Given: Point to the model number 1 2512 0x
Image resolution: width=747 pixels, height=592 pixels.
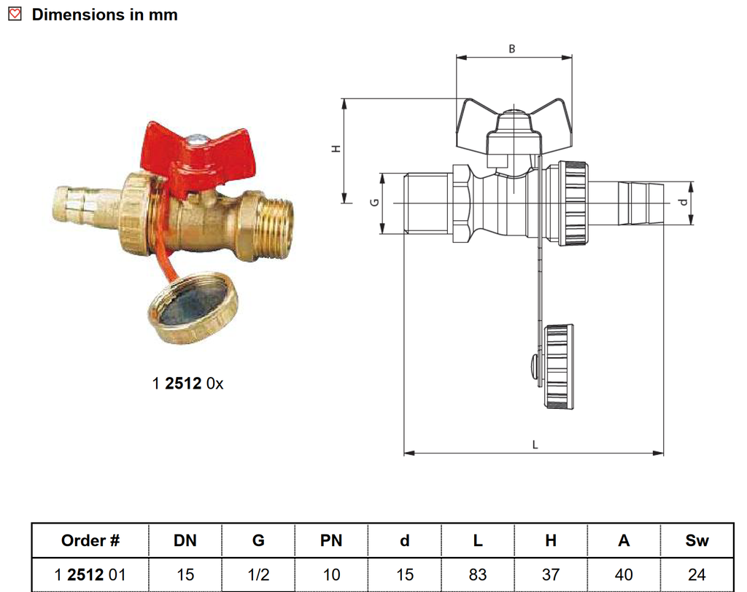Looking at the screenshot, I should click(x=187, y=383).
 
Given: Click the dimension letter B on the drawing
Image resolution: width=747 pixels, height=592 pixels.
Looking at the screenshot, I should click(x=511, y=49).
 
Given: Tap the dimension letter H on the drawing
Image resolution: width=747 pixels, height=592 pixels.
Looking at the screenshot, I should click(x=336, y=148).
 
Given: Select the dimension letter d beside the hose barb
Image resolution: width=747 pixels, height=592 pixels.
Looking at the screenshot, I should click(x=683, y=202).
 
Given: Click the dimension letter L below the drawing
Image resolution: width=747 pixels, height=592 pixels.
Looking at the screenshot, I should click(x=535, y=443).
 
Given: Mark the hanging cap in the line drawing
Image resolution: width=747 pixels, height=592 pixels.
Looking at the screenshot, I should click(x=558, y=367).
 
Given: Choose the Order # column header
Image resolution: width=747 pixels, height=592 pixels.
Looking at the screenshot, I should click(x=90, y=541).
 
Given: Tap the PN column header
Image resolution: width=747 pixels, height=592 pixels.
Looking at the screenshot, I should click(x=331, y=541).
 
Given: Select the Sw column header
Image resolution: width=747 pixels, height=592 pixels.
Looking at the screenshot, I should click(x=697, y=541).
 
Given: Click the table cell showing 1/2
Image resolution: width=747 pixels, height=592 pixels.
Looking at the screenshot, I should click(x=258, y=575).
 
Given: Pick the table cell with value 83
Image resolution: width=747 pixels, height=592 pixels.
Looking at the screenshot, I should click(x=478, y=575).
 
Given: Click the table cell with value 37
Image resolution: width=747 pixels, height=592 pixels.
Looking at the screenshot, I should click(x=551, y=575).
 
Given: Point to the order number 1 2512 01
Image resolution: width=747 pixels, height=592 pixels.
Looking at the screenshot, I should click(x=90, y=575).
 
